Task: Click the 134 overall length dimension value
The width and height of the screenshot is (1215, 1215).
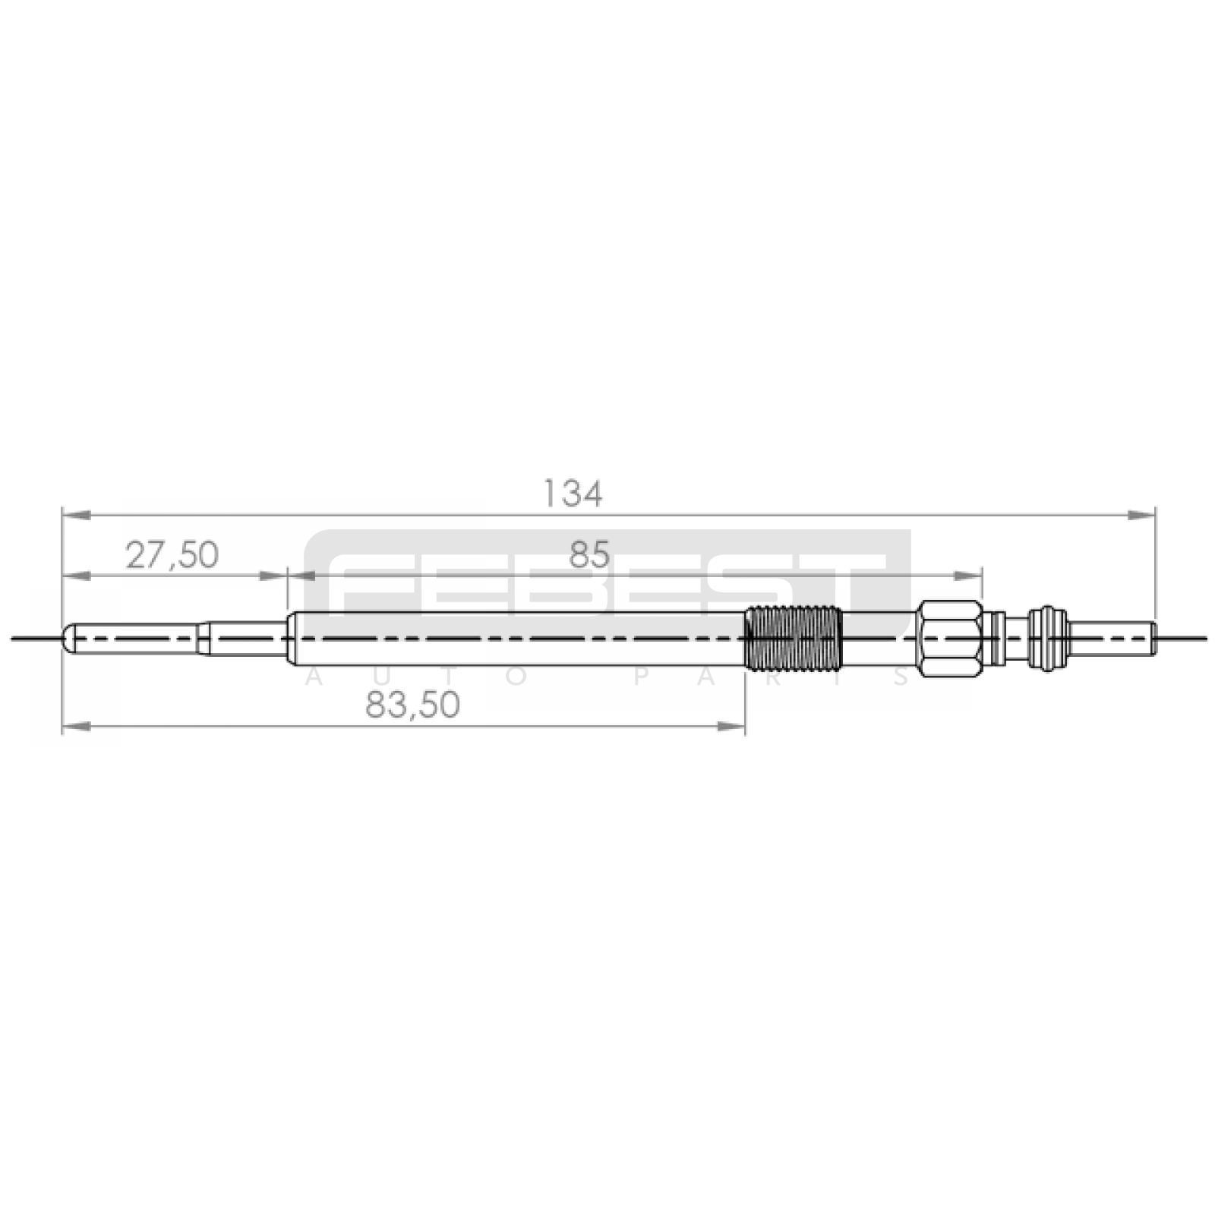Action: click(x=573, y=494)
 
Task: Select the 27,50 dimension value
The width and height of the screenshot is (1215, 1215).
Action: click(x=172, y=555)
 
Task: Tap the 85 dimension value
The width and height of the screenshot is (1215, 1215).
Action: click(x=589, y=555)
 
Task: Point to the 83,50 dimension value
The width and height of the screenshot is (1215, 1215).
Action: click(x=412, y=705)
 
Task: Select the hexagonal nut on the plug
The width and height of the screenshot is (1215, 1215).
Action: click(x=948, y=638)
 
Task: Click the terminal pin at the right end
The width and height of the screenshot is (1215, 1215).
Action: click(x=1113, y=638)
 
